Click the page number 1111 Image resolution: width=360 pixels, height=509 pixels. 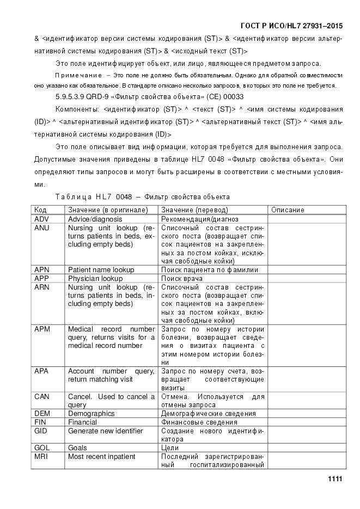coord(334,479)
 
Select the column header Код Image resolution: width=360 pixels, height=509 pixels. coord(40,210)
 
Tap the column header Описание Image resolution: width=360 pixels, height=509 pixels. coord(288,210)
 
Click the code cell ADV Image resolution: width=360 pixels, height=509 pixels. coord(42,218)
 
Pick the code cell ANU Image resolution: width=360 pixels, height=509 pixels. coord(42,228)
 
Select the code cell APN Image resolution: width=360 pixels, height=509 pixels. coord(42,269)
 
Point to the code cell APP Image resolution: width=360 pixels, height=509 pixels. coord(42,278)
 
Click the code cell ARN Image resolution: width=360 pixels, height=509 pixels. coord(42,287)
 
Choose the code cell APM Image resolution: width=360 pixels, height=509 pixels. coord(42,329)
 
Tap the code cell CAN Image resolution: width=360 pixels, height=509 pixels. coord(42,396)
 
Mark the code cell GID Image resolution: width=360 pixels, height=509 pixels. coord(41,431)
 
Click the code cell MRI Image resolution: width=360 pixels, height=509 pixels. coord(41,456)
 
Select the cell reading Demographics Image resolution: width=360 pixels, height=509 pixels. coord(91,413)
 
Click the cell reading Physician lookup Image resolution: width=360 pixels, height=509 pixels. coord(95,278)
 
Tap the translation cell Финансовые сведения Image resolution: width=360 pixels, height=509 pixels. coord(199,422)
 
